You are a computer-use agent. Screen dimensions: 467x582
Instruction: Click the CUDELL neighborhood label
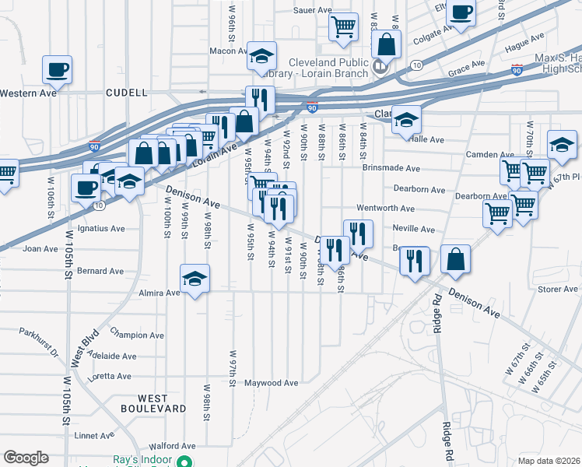click(x=126, y=93)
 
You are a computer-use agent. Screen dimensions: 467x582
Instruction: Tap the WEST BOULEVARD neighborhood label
click(x=153, y=403)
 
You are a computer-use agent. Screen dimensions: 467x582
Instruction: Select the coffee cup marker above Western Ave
click(x=58, y=69)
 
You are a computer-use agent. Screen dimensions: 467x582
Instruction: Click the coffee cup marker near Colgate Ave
click(x=461, y=13)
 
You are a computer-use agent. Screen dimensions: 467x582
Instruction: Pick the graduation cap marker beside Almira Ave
click(x=195, y=279)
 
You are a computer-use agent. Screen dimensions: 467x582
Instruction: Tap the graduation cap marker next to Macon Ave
click(x=262, y=55)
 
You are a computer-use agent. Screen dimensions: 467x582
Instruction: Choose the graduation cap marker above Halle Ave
click(x=405, y=119)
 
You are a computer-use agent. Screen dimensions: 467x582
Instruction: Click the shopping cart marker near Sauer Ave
click(x=343, y=27)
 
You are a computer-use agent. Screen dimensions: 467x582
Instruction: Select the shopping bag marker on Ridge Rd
click(x=455, y=259)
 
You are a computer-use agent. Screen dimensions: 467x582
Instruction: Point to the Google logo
click(x=26, y=457)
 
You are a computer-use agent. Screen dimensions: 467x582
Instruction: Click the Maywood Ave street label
click(x=272, y=383)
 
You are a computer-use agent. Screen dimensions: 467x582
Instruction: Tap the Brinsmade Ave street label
click(x=391, y=168)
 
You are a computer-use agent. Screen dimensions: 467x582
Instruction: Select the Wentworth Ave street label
click(x=385, y=209)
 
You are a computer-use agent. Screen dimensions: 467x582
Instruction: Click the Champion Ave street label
click(x=137, y=335)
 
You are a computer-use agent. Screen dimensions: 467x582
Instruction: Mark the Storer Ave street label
click(x=557, y=290)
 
